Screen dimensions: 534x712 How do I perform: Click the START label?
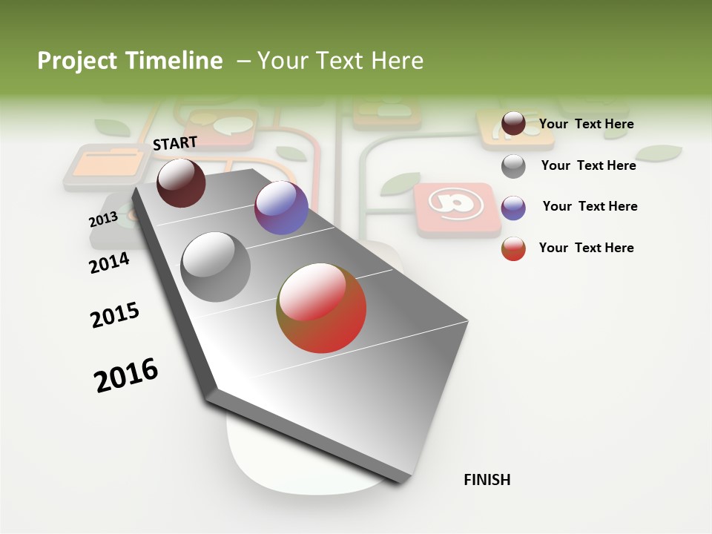[175, 143]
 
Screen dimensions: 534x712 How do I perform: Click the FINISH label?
[487, 480]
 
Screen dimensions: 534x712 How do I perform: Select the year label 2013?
[103, 220]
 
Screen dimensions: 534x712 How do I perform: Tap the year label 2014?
[109, 263]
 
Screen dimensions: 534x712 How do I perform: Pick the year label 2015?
[115, 315]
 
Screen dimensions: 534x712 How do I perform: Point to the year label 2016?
[126, 375]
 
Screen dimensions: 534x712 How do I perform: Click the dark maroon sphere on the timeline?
[181, 183]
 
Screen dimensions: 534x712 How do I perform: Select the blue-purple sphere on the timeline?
[281, 208]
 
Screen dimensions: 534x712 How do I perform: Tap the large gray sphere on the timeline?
[216, 267]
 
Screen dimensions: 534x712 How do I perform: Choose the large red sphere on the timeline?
[321, 308]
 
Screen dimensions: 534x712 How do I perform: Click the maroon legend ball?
[513, 124]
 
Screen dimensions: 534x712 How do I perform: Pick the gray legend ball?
[513, 166]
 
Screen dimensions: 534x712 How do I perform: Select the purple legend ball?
[513, 208]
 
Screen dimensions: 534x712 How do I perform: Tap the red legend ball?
[513, 248]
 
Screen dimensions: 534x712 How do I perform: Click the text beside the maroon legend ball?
[586, 124]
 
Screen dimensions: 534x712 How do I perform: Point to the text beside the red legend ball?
[586, 248]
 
